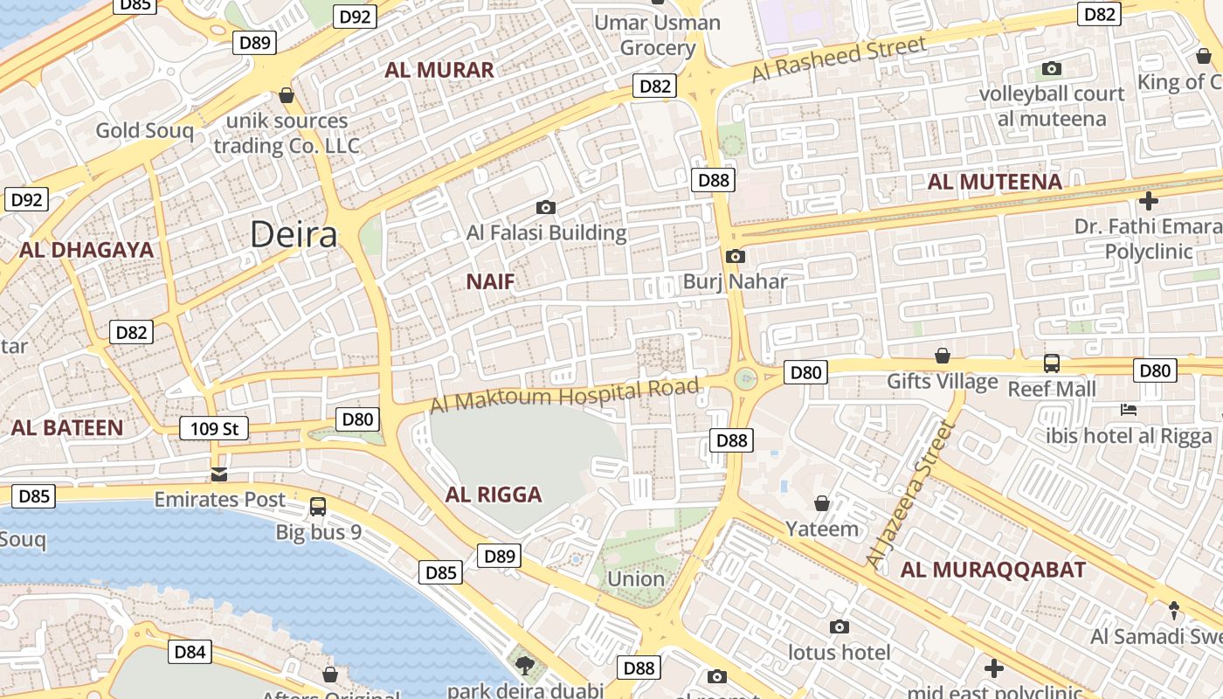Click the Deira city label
(294, 234)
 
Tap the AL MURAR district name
(439, 70)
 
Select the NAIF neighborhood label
(490, 281)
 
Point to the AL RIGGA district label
(494, 495)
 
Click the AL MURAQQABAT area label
(993, 570)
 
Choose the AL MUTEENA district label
(994, 182)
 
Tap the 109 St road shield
(214, 428)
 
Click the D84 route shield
(190, 651)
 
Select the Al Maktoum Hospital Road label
(565, 395)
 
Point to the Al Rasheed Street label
(839, 59)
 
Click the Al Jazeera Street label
(909, 494)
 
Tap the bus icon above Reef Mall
(1052, 363)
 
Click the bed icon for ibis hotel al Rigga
(1129, 409)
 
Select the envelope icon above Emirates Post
(219, 474)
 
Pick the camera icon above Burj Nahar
(736, 256)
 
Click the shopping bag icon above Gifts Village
(943, 356)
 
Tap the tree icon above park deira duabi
(525, 667)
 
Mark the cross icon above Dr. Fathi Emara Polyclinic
(1148, 201)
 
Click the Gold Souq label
(144, 130)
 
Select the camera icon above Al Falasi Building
(546, 207)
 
